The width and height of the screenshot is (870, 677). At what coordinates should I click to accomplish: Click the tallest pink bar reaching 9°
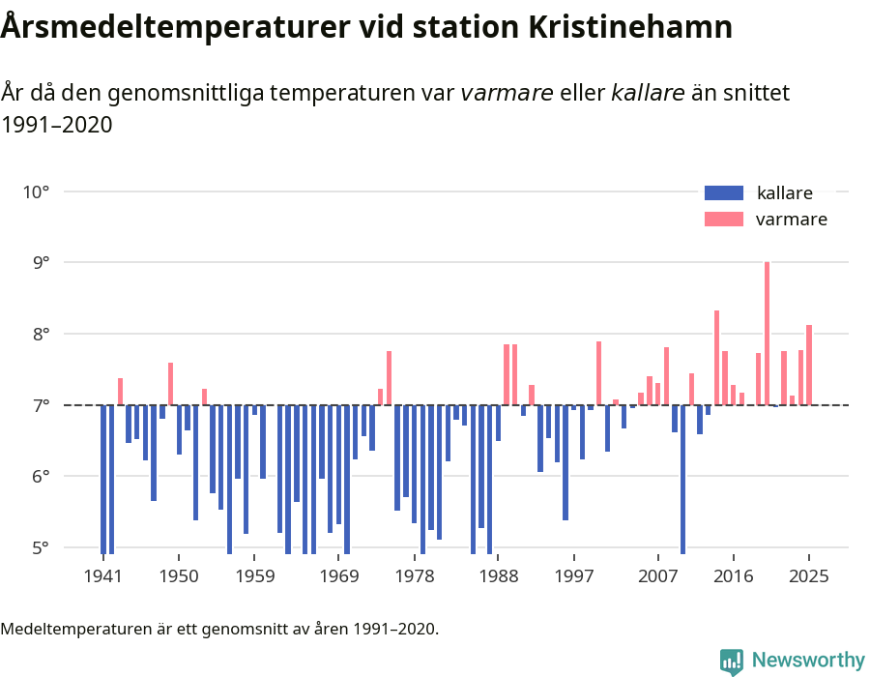click(x=767, y=334)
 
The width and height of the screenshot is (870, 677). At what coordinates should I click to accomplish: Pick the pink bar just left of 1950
click(x=170, y=384)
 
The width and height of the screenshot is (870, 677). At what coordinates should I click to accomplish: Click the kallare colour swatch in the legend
click(x=724, y=192)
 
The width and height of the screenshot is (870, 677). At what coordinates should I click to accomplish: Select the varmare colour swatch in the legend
click(x=724, y=219)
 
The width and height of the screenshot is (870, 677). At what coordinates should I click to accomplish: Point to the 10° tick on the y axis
click(x=36, y=191)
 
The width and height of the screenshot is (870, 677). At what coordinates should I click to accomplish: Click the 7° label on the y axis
click(x=36, y=405)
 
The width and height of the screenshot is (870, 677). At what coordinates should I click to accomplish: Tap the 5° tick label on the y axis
click(x=36, y=547)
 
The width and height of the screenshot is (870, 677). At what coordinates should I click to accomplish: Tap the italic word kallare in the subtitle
click(x=648, y=93)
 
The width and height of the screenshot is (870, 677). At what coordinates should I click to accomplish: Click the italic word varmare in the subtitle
click(x=507, y=93)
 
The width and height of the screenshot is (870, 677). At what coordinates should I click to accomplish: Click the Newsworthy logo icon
click(x=732, y=661)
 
